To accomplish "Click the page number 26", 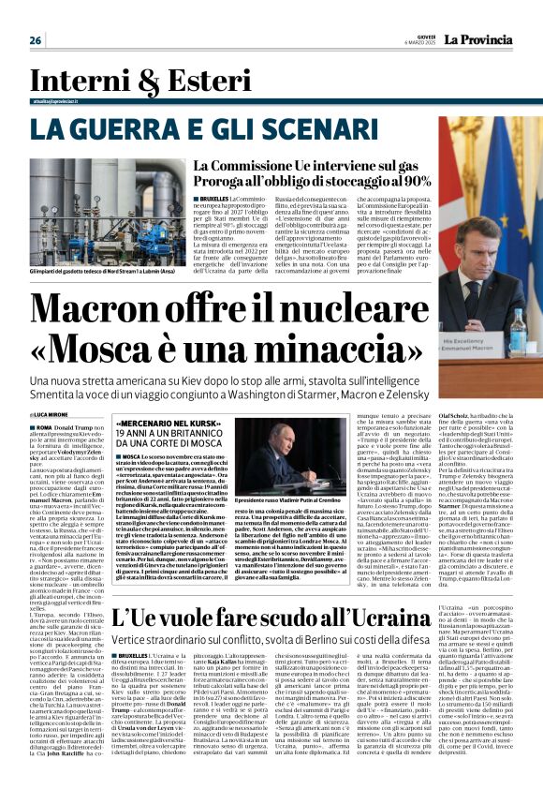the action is click(x=36, y=40).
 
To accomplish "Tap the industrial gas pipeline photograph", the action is click(x=94, y=212).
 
